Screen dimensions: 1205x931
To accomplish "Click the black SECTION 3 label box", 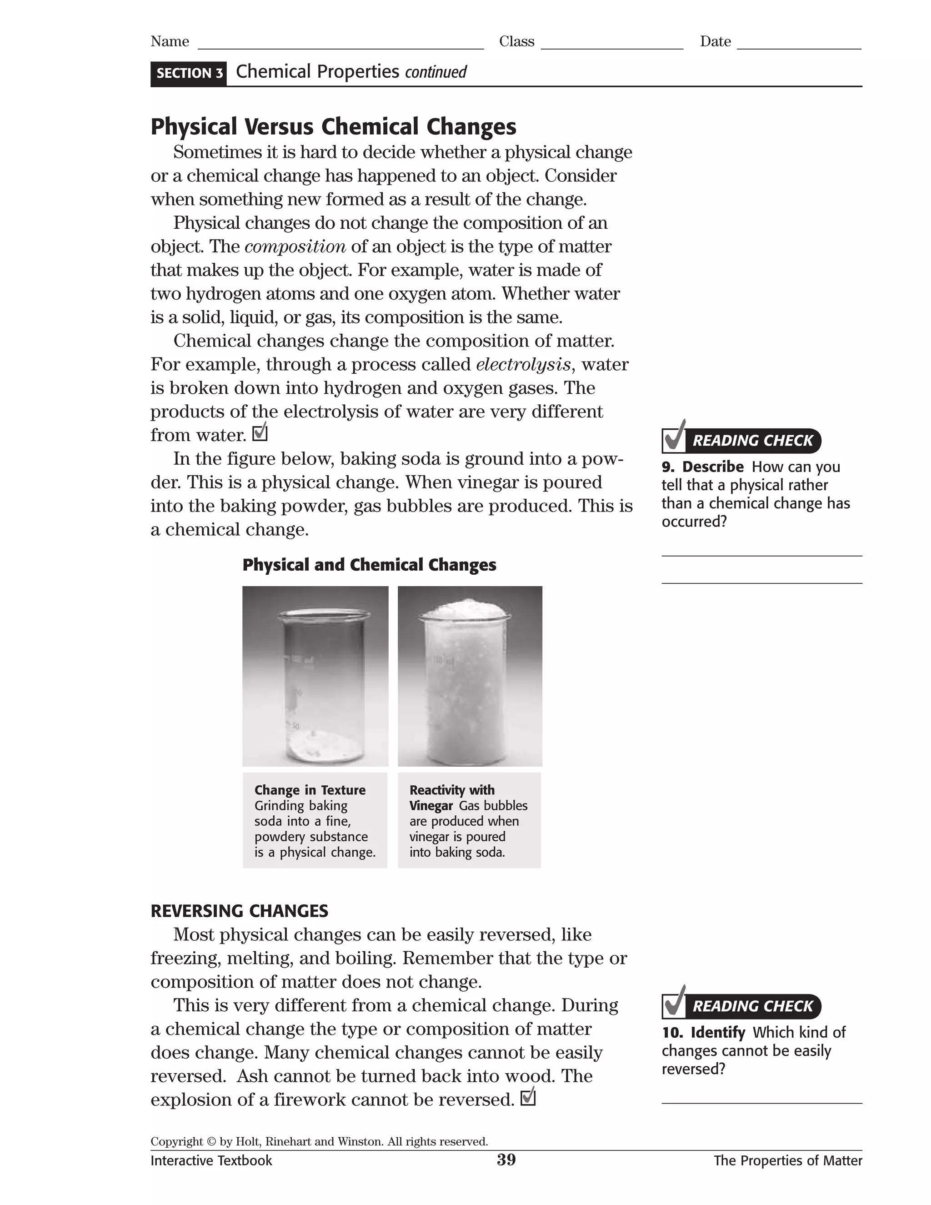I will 189,73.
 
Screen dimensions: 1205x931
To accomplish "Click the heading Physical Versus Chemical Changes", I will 333,126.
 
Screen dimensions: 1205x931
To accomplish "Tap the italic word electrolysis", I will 523,365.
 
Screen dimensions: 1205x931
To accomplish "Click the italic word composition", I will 295,246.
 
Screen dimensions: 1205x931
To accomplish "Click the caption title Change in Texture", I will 310,790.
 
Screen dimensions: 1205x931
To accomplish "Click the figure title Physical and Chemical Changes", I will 369,565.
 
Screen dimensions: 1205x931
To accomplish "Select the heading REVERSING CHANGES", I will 240,911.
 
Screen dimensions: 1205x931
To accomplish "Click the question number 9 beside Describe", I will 667,467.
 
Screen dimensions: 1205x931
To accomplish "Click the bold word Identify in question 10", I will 717,1032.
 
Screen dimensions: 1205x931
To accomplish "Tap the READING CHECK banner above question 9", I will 752,440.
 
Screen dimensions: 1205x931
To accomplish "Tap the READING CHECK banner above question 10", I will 752,1006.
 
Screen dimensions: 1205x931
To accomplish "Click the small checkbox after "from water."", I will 259,434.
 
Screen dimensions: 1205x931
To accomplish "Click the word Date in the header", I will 716,42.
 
